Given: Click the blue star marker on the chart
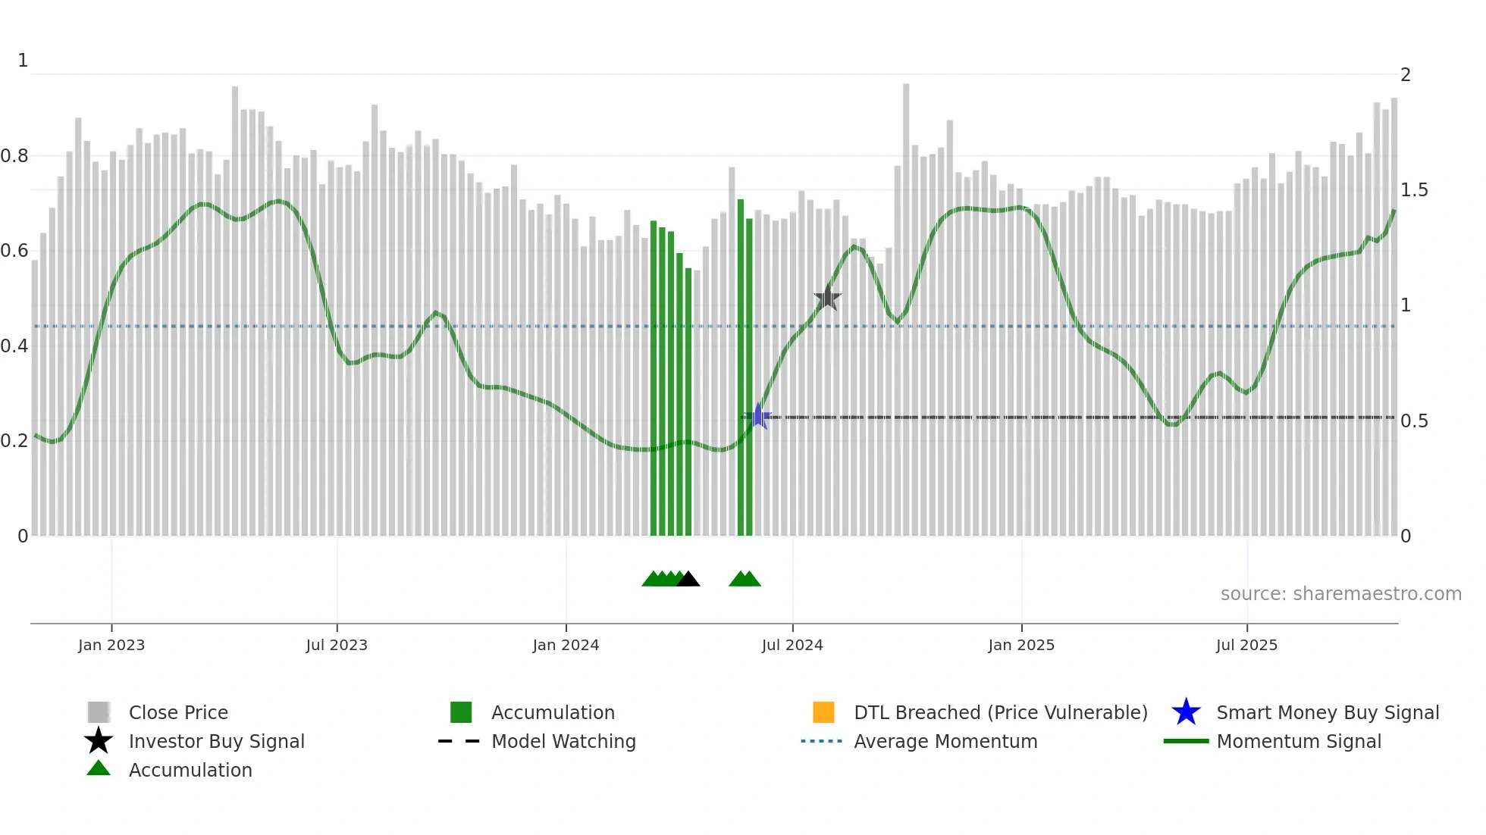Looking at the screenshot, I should click(757, 416).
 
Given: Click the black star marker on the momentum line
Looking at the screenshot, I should click(827, 298).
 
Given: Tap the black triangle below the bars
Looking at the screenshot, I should click(688, 580).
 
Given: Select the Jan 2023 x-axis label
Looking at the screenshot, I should click(111, 645).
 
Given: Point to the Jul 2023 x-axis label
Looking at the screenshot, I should click(337, 645).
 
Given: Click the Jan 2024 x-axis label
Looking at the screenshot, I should click(566, 645).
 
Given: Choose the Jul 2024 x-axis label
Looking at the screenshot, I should click(792, 645).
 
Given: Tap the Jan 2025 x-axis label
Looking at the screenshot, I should click(1021, 645).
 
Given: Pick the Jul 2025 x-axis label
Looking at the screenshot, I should click(1246, 645).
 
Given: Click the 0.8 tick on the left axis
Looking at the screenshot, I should click(14, 156).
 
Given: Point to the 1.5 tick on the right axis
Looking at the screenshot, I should click(1414, 190).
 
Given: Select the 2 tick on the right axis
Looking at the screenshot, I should click(1406, 75).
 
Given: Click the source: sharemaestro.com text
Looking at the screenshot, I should click(1340, 594).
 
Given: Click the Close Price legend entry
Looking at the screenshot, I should click(178, 712).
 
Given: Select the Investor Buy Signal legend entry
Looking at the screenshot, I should click(216, 741).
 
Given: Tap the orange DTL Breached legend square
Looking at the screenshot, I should click(823, 712).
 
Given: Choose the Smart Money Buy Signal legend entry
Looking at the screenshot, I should click(1327, 712).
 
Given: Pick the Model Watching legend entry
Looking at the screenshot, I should click(563, 741).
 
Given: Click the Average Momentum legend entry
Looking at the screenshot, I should click(945, 741).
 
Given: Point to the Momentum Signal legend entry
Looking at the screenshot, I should click(1299, 741).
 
